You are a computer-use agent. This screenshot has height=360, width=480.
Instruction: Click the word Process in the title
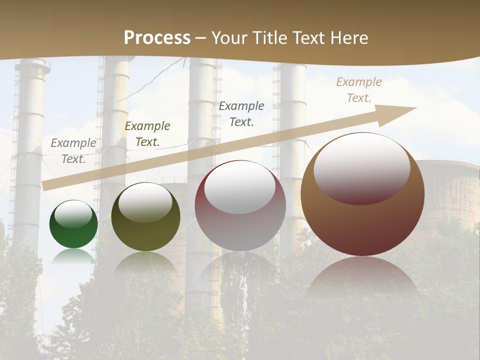coord(157,38)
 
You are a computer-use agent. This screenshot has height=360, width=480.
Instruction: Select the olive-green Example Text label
coord(147,134)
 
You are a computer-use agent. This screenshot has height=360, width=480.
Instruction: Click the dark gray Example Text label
coord(241,114)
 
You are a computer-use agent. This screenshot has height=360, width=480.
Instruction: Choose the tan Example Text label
coord(359,90)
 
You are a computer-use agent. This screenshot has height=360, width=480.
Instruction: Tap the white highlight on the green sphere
coord(73,214)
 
